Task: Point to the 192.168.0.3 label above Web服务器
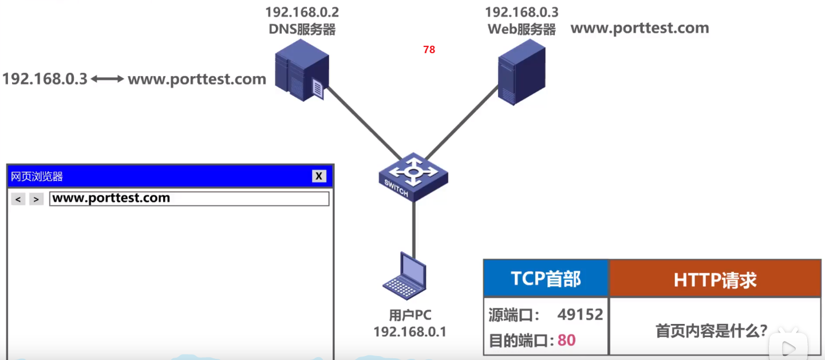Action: (x=522, y=12)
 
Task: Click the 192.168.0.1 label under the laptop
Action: (x=410, y=331)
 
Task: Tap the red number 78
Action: (x=429, y=50)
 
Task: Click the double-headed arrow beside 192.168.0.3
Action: (x=108, y=79)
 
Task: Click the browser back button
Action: (x=18, y=199)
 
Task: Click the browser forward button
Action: (x=36, y=199)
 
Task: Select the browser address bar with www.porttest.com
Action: (x=189, y=199)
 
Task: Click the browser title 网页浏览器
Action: (x=37, y=177)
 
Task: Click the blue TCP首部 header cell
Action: (x=546, y=279)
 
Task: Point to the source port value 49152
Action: (x=580, y=314)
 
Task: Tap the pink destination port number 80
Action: (x=566, y=341)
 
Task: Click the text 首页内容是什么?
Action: (x=711, y=331)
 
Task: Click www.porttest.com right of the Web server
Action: (x=640, y=28)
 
